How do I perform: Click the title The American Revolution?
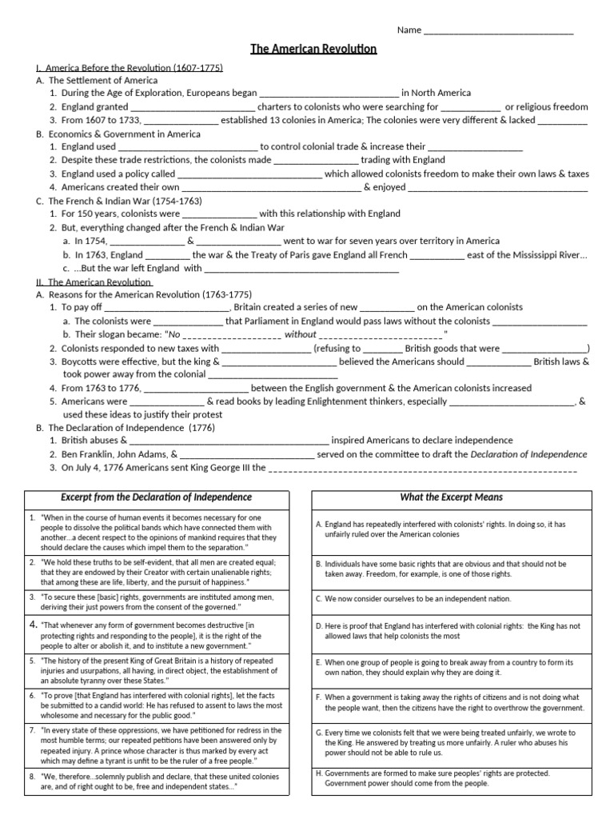(313, 50)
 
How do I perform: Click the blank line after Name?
(498, 32)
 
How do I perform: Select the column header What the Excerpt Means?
(452, 497)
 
